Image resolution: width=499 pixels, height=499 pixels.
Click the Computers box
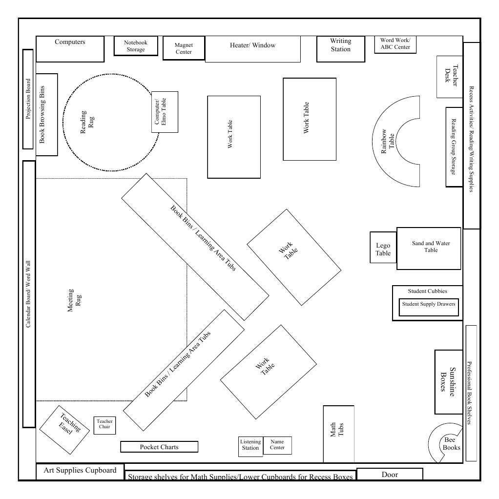[x=70, y=48]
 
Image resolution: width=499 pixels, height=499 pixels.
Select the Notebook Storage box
[x=135, y=46]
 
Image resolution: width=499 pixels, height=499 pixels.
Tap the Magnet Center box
[x=184, y=48]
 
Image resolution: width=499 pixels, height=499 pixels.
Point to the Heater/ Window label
[x=252, y=45]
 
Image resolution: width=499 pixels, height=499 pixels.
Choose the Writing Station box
[x=340, y=48]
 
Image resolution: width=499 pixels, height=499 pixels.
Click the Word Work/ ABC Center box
[x=395, y=44]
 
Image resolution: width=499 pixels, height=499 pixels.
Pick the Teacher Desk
[x=449, y=76]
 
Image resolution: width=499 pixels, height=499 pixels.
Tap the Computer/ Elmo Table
[x=165, y=112]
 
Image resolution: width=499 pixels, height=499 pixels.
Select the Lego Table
[x=383, y=248]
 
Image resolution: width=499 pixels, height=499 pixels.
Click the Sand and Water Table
[x=429, y=248]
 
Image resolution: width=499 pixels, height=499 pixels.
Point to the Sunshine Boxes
[x=448, y=381]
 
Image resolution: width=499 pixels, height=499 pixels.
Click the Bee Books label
[x=451, y=444]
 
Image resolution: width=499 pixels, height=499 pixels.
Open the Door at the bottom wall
[x=390, y=474]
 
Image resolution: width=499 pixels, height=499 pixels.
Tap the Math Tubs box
[x=338, y=434]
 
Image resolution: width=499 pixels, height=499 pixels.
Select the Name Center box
[x=277, y=445]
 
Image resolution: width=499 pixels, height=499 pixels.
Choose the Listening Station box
[x=250, y=446]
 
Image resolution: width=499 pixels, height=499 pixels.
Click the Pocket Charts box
[x=159, y=447]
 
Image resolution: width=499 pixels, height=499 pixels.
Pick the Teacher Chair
[x=104, y=425]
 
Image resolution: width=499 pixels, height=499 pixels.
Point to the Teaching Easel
[x=64, y=428]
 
